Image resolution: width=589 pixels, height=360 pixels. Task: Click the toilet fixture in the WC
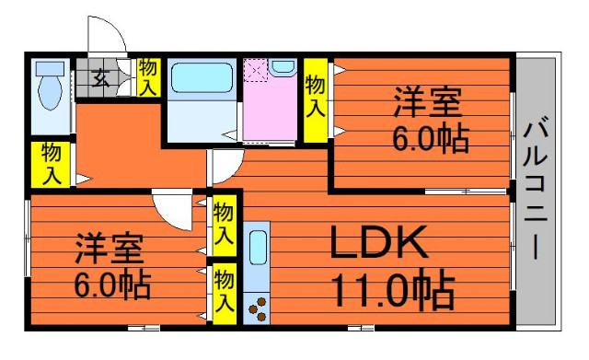click(50, 86)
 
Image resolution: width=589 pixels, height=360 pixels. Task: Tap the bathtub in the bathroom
click(202, 77)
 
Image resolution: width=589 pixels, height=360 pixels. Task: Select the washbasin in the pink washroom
click(283, 67)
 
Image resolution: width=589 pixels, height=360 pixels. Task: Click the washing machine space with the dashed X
click(255, 70)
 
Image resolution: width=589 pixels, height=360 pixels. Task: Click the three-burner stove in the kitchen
click(258, 308)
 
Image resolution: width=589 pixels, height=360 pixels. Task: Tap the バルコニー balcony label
click(536, 189)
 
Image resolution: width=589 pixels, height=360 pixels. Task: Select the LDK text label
click(379, 242)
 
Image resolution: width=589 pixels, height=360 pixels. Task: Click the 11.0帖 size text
click(393, 289)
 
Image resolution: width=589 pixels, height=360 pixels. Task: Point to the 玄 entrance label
click(100, 78)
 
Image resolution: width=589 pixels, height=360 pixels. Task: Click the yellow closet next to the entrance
click(149, 77)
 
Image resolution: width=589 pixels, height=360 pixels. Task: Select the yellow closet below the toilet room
click(51, 165)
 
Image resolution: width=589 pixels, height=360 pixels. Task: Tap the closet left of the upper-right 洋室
click(315, 100)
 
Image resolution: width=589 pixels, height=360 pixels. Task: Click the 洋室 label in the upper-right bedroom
click(427, 101)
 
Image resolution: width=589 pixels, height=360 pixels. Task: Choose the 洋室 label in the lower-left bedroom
click(110, 249)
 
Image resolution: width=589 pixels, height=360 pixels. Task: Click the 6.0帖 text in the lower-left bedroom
click(112, 285)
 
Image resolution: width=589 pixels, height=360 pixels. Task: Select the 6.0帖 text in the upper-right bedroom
click(431, 138)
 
